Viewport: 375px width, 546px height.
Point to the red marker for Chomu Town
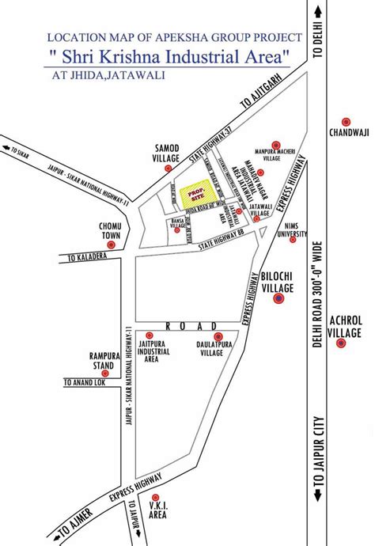111,245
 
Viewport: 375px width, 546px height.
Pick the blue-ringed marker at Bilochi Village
278,298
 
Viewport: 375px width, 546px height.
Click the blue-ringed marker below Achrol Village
342,343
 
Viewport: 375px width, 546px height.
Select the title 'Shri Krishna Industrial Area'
166,57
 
